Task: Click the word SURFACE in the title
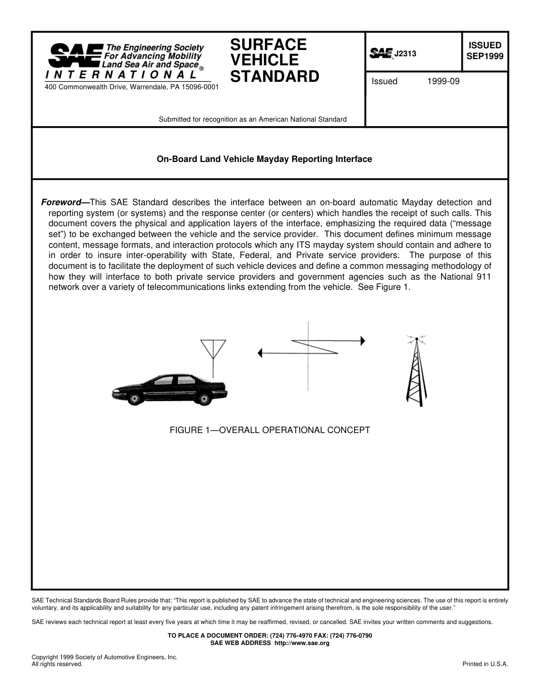click(x=268, y=44)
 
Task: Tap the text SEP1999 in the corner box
click(x=485, y=56)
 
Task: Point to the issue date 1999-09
click(x=443, y=81)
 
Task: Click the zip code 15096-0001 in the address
click(x=198, y=87)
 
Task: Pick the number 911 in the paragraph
click(x=483, y=277)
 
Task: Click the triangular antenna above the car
click(x=213, y=349)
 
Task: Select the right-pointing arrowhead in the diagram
click(x=363, y=340)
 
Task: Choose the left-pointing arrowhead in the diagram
click(x=260, y=353)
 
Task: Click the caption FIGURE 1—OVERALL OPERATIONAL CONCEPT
click(x=269, y=430)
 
